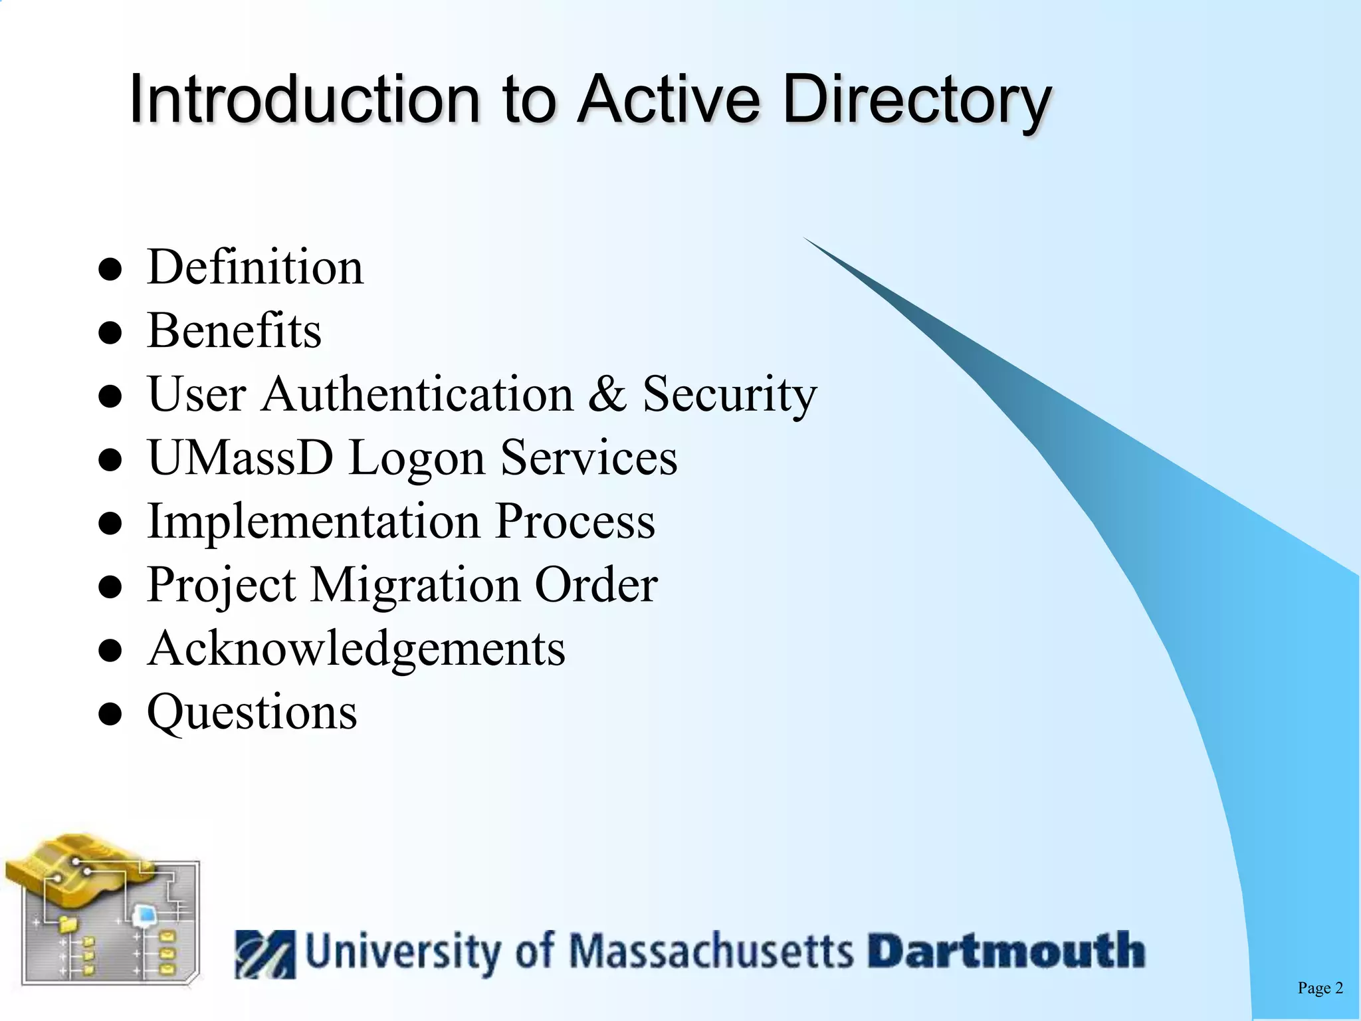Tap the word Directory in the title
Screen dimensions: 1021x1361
(917, 100)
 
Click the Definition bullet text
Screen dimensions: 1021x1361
(255, 267)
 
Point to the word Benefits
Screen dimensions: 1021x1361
(234, 330)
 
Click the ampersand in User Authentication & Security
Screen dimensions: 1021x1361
(607, 394)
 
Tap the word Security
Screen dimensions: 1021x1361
(729, 395)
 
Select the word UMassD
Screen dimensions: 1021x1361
(240, 457)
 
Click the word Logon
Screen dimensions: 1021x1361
(417, 459)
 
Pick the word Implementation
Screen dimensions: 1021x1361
(312, 520)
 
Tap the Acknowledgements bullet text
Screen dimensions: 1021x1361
(356, 648)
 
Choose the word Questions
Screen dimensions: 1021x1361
(252, 712)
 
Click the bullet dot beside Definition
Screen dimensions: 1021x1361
(110, 270)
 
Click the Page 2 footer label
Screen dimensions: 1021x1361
(1320, 988)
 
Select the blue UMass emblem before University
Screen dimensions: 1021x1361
(265, 954)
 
